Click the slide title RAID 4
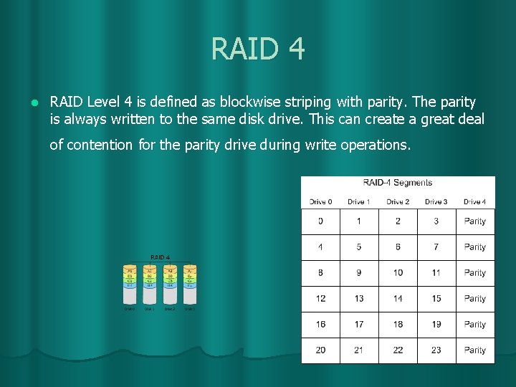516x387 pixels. (x=258, y=49)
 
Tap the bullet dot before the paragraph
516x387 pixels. (x=33, y=102)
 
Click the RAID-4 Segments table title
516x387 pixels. (x=398, y=183)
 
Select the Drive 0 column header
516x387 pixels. (x=320, y=201)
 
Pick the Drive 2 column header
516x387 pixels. (x=398, y=201)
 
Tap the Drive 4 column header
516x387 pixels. (x=474, y=201)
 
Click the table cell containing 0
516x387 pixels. (x=320, y=221)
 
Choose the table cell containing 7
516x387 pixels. (x=436, y=247)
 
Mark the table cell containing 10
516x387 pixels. (x=398, y=273)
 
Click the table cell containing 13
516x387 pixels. (x=359, y=299)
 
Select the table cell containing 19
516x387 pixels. (x=436, y=325)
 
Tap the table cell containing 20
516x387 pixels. (x=320, y=350)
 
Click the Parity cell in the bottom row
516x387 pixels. (x=475, y=350)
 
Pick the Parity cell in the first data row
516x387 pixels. (x=475, y=221)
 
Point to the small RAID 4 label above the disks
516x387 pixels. (x=160, y=257)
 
